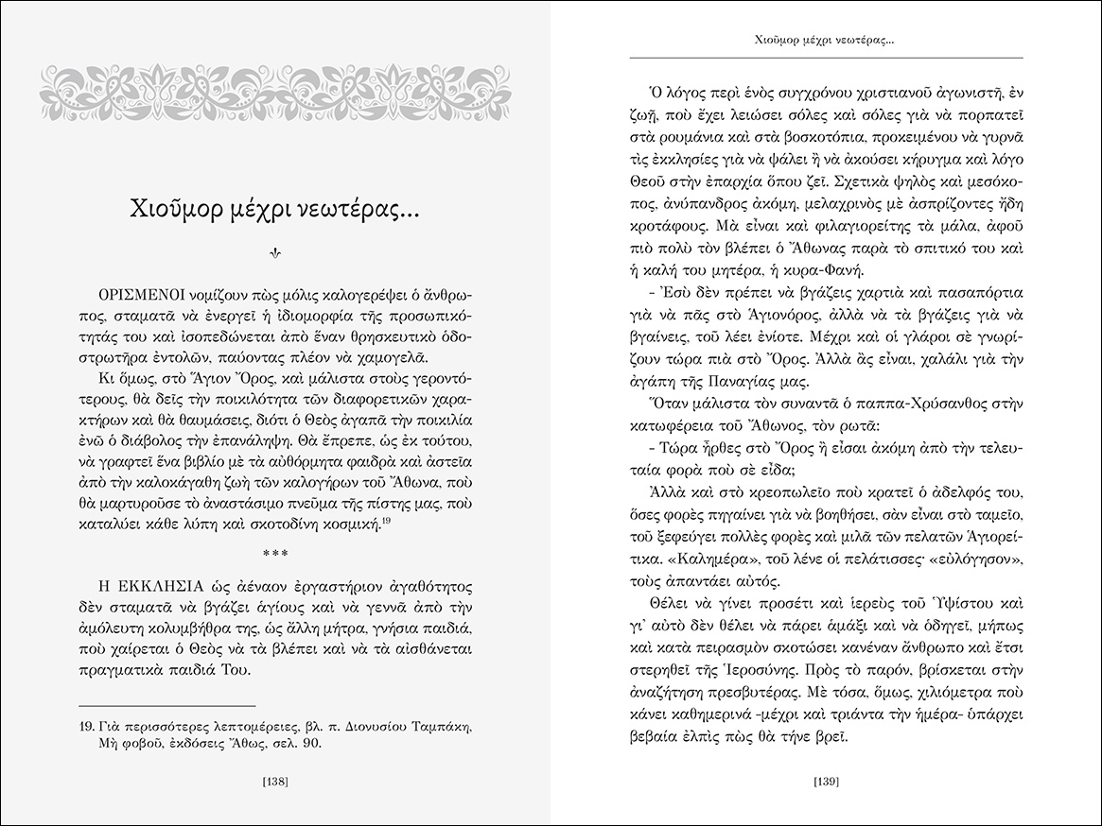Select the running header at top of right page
coord(826,42)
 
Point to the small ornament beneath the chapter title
coord(275,252)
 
